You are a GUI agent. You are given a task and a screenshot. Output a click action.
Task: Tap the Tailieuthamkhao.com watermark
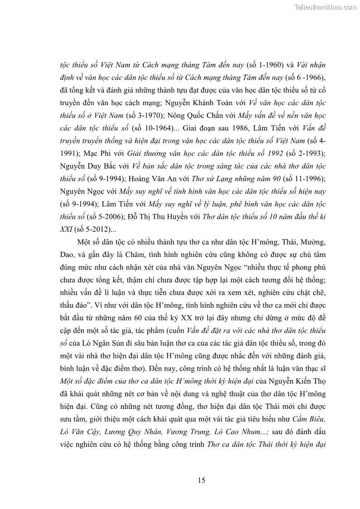tap(326, 7)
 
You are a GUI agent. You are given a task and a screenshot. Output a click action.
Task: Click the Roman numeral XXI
tap(67, 229)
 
